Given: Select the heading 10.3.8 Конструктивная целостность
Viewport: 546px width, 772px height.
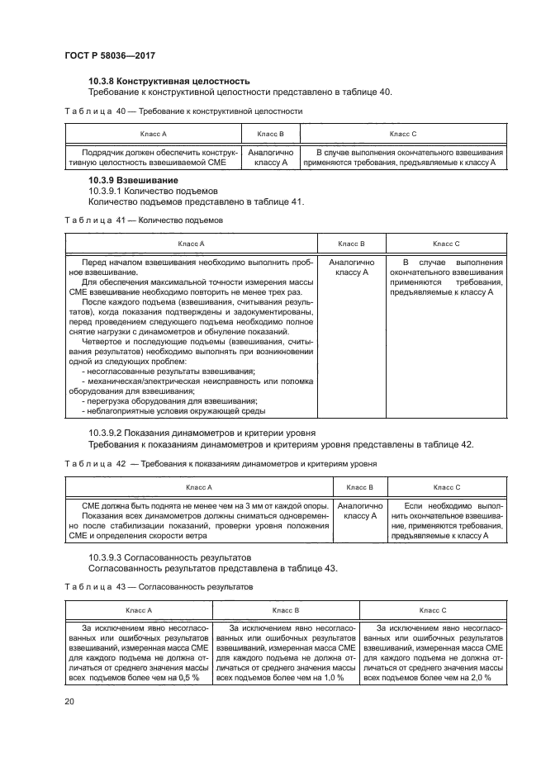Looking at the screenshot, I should point(169,81).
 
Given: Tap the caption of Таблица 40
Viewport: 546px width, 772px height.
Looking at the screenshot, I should point(183,111).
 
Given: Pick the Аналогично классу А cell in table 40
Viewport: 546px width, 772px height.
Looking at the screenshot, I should point(270,158).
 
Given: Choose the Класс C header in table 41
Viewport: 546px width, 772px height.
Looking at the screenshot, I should point(446,244).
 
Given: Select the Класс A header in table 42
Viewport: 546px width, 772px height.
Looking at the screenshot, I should point(198,487).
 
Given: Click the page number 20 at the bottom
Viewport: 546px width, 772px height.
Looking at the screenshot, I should point(69,701).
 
